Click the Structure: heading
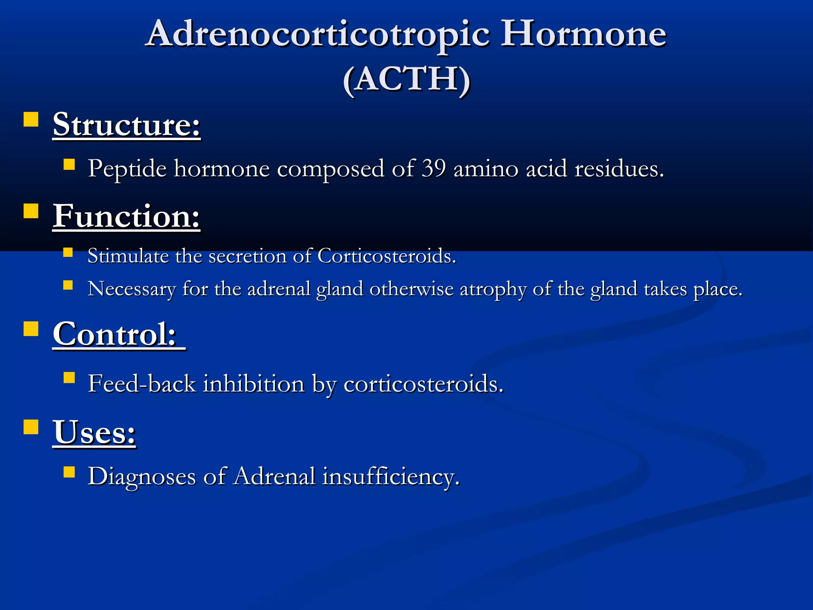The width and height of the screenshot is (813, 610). click(127, 125)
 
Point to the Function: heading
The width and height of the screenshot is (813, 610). click(126, 216)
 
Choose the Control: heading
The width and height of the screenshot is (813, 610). click(115, 334)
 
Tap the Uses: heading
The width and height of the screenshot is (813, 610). click(94, 432)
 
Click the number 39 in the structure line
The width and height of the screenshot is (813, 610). click(433, 168)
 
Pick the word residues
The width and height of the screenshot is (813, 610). click(619, 168)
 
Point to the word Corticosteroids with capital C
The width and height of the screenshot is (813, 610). click(387, 256)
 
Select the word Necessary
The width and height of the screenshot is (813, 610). click(131, 289)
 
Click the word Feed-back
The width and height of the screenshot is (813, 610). click(142, 384)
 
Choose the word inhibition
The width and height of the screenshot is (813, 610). click(254, 384)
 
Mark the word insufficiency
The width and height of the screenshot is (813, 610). click(391, 476)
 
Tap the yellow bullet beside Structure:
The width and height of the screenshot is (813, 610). click(31, 119)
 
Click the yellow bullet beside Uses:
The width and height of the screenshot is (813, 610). click(31, 427)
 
